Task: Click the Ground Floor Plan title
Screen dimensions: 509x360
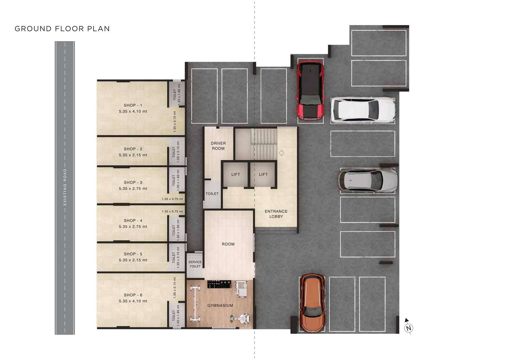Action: pos(62,29)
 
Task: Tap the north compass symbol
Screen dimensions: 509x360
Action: pos(408,327)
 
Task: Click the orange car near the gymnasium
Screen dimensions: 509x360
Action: pos(313,303)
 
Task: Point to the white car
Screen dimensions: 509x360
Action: pos(363,110)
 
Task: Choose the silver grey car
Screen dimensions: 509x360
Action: pos(367,180)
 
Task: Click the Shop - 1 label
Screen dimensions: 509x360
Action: pos(133,105)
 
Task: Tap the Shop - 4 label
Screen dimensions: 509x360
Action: pos(133,220)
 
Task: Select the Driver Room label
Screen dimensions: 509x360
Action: pos(218,146)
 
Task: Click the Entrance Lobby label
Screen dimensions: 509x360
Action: pos(276,214)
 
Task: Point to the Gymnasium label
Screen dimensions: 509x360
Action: pos(220,305)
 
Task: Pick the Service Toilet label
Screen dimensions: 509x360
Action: pos(195,264)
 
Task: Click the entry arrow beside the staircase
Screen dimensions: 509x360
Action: pos(281,153)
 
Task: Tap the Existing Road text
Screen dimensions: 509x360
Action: pos(65,187)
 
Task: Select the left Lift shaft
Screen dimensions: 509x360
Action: pos(235,175)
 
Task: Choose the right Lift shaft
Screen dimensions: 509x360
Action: pos(263,175)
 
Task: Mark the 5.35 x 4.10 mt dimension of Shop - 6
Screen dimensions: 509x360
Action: pos(133,301)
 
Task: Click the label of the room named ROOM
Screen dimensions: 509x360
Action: pos(228,244)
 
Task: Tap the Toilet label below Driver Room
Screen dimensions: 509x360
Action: pos(212,194)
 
